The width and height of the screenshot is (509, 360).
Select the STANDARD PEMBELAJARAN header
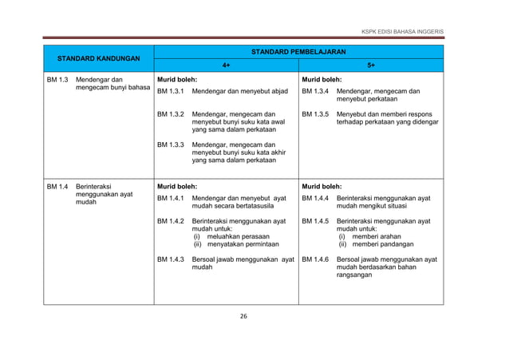298,51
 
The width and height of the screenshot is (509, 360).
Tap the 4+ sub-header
227,66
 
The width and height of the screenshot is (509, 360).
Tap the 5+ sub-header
372,66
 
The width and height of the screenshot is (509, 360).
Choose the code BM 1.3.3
171,144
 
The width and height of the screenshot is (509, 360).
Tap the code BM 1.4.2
171,220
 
